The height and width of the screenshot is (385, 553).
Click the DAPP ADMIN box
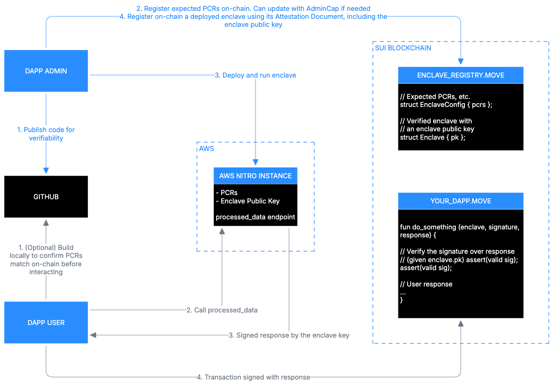tap(46, 71)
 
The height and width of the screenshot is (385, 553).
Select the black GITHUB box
tap(46, 197)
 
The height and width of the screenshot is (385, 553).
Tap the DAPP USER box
tap(46, 323)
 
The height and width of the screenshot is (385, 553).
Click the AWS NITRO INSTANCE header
tap(256, 176)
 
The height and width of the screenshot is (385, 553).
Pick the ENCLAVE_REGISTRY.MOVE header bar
tap(460, 75)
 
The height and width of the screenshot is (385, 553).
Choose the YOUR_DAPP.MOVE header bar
tap(460, 201)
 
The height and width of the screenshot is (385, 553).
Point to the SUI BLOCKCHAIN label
tap(403, 48)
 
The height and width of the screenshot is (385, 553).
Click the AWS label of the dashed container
tap(207, 148)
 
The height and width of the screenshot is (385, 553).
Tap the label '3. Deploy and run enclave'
tap(256, 75)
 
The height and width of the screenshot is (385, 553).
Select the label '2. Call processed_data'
tap(222, 310)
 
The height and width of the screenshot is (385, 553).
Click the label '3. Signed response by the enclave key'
tap(289, 335)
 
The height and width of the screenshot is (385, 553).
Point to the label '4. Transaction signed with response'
tap(253, 377)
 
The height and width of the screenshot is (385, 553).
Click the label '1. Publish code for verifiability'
tap(46, 134)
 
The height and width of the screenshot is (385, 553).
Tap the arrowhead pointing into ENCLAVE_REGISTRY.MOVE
tap(461, 61)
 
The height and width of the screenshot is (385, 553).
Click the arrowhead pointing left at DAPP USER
tap(93, 335)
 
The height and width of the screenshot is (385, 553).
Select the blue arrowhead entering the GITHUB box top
tap(46, 170)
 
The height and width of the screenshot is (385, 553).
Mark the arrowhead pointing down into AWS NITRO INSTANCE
tap(256, 162)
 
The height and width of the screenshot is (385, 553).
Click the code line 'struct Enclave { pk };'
tap(433, 137)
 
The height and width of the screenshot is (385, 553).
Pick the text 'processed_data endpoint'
tap(256, 217)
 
